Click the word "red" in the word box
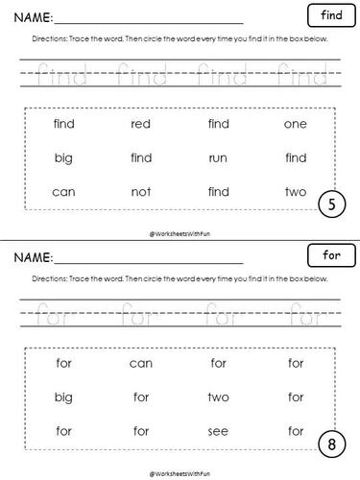coord(141,123)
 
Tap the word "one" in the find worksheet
coord(296,123)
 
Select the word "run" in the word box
coord(218,157)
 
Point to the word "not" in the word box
coord(141,192)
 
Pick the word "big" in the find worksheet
coord(64,157)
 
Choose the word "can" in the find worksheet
coord(64,192)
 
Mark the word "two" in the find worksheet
coord(296,192)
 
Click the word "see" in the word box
coord(218,430)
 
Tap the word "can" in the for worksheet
coord(141,363)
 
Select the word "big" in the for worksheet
coord(64,396)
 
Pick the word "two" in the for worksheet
coord(218,396)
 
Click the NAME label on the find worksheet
coord(33,18)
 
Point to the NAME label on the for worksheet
coord(33,257)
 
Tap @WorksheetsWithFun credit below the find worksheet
coord(180,231)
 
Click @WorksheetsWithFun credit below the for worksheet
coord(180,471)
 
